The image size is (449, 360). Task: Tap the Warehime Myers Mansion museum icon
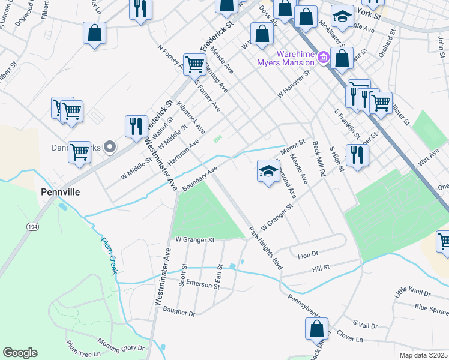(324, 58)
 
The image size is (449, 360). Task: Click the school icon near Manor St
(268, 171)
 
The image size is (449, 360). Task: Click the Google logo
(20, 353)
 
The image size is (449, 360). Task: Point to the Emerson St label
(202, 283)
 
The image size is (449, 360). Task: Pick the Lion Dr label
(307, 255)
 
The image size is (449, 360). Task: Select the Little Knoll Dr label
(412, 293)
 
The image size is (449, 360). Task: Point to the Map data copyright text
(423, 355)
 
